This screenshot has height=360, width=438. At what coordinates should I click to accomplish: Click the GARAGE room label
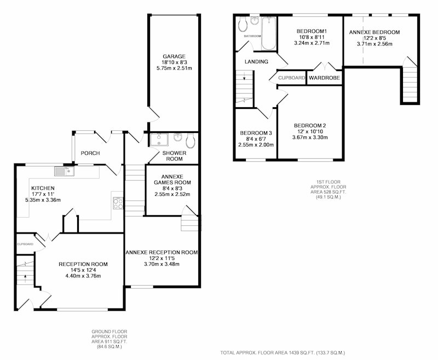(174, 56)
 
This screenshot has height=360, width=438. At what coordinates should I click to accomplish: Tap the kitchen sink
(64, 171)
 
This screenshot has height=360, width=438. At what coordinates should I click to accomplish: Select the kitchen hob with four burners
(118, 203)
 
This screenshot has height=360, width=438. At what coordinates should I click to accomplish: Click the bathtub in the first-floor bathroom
(269, 33)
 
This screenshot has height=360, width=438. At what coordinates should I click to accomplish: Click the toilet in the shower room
(190, 141)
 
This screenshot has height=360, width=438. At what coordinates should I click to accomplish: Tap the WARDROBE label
(324, 78)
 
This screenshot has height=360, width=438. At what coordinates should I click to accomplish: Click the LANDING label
(256, 62)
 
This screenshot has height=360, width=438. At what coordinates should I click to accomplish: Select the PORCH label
(90, 153)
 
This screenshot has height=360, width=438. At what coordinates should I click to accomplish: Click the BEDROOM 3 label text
(256, 133)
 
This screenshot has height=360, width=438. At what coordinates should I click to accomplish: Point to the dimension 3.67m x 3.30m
(310, 137)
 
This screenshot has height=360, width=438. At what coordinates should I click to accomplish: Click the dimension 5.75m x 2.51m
(174, 68)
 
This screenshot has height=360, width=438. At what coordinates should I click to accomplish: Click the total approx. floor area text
(283, 353)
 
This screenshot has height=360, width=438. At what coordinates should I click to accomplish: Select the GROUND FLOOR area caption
(109, 339)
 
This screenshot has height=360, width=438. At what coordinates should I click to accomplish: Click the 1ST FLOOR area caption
(328, 189)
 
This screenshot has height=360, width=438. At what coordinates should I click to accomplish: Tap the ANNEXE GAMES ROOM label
(172, 179)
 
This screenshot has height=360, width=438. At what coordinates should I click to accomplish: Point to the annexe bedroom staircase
(410, 84)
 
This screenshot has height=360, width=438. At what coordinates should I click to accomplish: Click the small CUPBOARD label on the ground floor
(25, 244)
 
